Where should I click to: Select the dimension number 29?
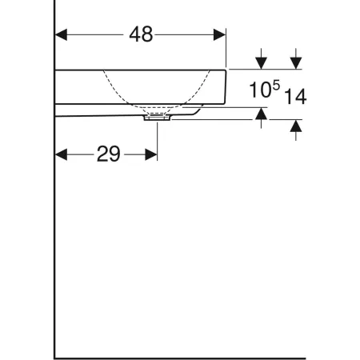(108, 154)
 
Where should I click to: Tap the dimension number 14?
(295, 98)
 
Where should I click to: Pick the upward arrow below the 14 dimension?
(296, 126)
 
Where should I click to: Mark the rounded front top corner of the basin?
(224, 73)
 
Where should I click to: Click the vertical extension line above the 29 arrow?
(158, 136)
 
